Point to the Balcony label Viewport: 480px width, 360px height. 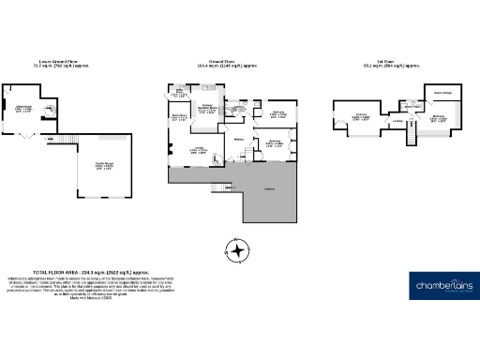coord(270,189)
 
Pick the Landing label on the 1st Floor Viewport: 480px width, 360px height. coord(397,121)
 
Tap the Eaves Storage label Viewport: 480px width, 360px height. coord(442,93)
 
